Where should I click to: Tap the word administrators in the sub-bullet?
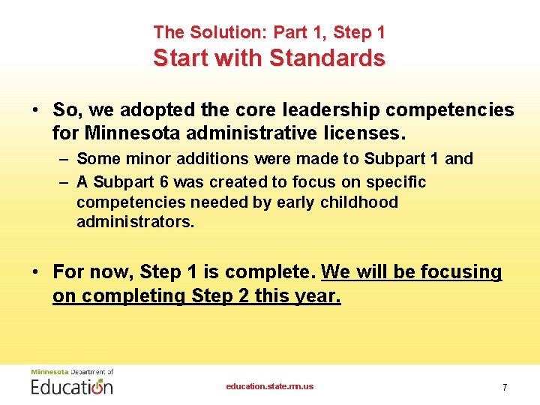(135, 223)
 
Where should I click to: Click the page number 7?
(505, 387)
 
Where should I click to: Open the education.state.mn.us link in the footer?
(270, 386)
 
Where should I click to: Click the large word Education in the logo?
(72, 386)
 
